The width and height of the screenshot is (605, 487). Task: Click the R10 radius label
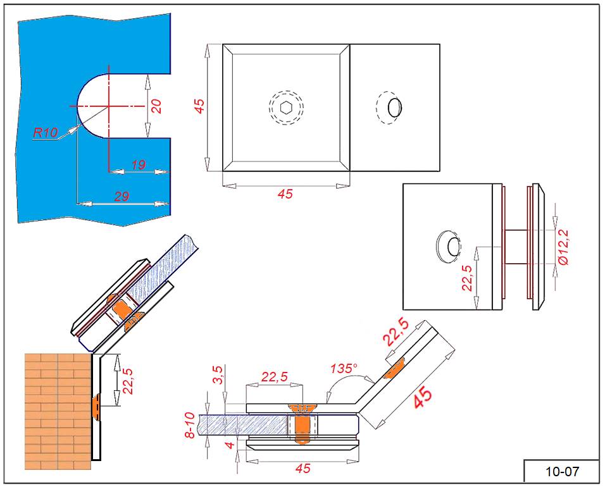pos(46,132)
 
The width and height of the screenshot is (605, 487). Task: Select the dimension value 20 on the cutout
pos(156,106)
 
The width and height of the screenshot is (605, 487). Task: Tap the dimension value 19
pos(138,164)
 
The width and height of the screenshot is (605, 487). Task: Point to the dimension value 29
pos(122,197)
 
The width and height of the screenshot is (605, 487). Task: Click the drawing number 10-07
pos(562,471)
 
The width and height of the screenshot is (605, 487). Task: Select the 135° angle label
pos(344,368)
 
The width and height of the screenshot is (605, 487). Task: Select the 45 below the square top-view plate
pos(285,194)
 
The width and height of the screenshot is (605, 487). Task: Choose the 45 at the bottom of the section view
pos(303,469)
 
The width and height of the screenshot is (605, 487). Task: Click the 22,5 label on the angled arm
pos(397,332)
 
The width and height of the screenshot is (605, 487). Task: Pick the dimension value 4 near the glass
pos(231,445)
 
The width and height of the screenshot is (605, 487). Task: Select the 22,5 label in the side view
pos(467,278)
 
